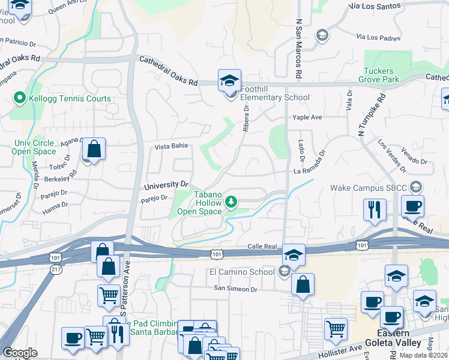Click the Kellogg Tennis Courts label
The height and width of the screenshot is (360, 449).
point(69,98)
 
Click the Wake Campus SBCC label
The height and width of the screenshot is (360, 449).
point(368,188)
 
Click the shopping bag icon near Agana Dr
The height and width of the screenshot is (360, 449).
point(94,148)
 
